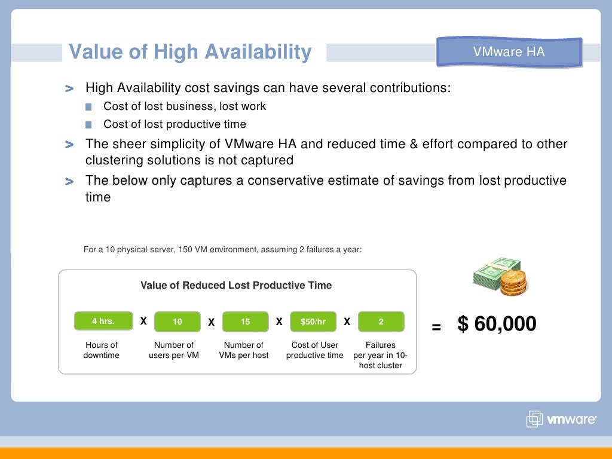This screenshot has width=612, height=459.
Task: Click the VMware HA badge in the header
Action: coord(509,52)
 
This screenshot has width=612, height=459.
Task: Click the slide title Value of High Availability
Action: coord(190,52)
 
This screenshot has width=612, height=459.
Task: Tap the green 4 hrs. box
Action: coord(103,321)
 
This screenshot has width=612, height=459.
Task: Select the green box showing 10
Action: coord(178,322)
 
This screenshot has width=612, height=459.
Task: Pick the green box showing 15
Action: coord(245,322)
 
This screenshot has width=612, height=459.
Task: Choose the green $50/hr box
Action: coord(313,322)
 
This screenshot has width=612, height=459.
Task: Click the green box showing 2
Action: coord(381,322)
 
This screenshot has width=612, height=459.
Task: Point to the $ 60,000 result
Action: coord(497,324)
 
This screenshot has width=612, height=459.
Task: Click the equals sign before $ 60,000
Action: coord(436,327)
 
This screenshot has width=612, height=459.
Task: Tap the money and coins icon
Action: coord(500,277)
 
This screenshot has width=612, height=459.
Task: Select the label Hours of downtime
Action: coord(102,350)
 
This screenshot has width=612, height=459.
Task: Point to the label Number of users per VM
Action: coord(174,350)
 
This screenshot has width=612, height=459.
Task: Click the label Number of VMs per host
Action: coord(243,350)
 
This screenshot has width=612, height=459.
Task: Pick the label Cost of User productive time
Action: coord(314,350)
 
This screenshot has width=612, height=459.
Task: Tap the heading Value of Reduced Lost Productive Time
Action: coord(236,285)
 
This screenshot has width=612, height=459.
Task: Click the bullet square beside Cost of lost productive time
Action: coord(89,125)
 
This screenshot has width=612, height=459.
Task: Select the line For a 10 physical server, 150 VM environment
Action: coord(222,249)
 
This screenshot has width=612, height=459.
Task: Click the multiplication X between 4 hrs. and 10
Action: coord(143,322)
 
